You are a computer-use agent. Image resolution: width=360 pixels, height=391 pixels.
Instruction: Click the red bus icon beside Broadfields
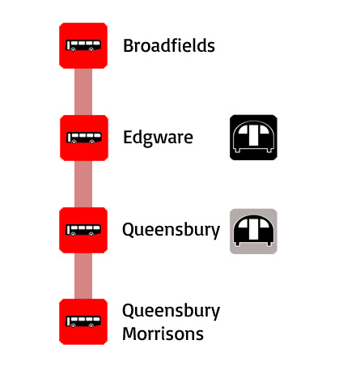83,45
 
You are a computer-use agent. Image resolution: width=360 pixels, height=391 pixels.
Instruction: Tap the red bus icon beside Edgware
84,138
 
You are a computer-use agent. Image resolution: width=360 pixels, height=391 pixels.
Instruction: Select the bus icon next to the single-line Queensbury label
83,230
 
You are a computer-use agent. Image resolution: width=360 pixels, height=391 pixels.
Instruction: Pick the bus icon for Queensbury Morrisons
83,321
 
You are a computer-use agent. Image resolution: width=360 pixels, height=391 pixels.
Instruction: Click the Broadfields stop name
169,45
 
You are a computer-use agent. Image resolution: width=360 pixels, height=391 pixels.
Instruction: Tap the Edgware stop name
158,138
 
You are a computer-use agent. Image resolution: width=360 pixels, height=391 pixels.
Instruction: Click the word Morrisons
163,334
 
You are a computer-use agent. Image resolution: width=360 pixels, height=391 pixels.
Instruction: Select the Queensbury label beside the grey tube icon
172,230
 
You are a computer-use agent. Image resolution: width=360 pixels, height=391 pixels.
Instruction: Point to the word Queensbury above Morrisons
172,311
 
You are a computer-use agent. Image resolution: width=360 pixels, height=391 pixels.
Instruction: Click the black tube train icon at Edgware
253,138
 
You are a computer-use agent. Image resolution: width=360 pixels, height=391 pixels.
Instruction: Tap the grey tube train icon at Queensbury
253,232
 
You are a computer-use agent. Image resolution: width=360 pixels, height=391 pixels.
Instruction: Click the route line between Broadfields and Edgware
83,91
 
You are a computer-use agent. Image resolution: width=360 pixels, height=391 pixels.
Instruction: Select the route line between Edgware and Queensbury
83,184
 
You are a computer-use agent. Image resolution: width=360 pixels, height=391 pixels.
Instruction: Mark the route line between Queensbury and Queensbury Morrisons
83,276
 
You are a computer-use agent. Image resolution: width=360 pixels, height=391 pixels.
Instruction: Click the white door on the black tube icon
252,135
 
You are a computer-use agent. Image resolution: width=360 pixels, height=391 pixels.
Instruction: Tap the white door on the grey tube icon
252,229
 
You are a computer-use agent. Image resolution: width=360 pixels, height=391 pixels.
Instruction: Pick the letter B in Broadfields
128,45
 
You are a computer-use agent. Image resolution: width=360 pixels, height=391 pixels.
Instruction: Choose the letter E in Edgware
128,138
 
